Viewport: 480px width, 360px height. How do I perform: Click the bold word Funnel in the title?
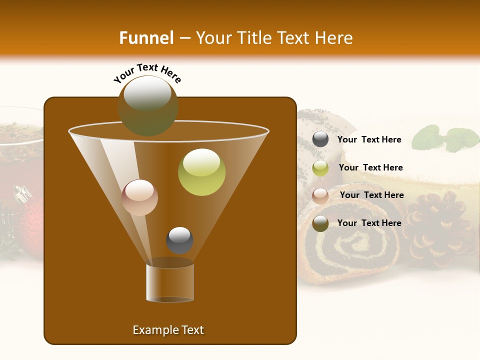tap(146, 37)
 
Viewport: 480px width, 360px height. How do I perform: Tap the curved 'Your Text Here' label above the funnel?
tap(147, 73)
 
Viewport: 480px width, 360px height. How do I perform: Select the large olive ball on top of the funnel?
tap(148, 105)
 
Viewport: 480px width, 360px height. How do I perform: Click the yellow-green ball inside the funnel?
tap(201, 172)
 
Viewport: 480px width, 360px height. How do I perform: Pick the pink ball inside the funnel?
tap(140, 197)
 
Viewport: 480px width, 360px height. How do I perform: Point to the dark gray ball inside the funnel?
tap(179, 240)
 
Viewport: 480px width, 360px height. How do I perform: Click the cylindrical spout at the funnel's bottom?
tap(170, 282)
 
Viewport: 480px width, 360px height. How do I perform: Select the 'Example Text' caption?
tap(168, 330)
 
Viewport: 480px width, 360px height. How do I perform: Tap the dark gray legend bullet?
tap(320, 139)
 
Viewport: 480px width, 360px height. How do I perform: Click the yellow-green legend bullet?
tap(320, 168)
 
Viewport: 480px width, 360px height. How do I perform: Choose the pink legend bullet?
tap(320, 196)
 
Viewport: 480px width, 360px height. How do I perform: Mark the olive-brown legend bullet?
tap(320, 223)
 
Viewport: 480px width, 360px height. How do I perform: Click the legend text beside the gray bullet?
tap(369, 139)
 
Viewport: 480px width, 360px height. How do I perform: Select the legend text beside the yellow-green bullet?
tap(370, 167)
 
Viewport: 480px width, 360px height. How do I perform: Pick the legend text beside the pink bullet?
tap(371, 195)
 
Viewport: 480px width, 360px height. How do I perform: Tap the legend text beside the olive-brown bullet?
tap(369, 223)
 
